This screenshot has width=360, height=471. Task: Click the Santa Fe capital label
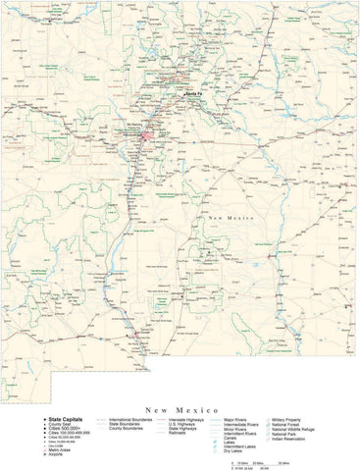point(191,94)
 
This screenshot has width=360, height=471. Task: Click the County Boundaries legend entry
point(138,429)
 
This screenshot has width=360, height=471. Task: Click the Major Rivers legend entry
point(236,419)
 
